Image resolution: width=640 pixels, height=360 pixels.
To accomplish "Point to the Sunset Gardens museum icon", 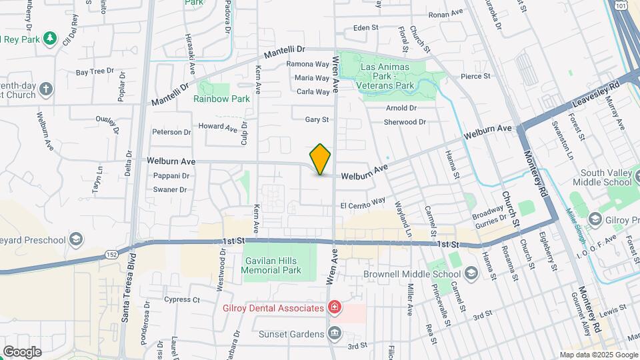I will point(335,332).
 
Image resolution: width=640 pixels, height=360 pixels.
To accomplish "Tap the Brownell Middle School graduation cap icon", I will point(471,273).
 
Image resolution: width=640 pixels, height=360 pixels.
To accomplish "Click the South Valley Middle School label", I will point(605,177).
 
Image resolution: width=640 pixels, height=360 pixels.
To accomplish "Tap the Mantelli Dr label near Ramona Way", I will point(284,51).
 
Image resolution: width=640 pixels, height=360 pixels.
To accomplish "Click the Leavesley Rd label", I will point(596,95).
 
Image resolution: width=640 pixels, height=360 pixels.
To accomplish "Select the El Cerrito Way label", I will point(363,202).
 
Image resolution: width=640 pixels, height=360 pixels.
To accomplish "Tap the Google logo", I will point(22,351).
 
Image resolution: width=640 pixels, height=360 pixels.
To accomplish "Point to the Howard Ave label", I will point(218,127).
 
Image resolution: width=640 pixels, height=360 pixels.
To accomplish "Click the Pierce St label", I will point(475,77).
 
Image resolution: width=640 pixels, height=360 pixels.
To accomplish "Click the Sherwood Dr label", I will point(405,122).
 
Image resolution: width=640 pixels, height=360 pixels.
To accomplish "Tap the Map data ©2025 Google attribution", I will point(599,355).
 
